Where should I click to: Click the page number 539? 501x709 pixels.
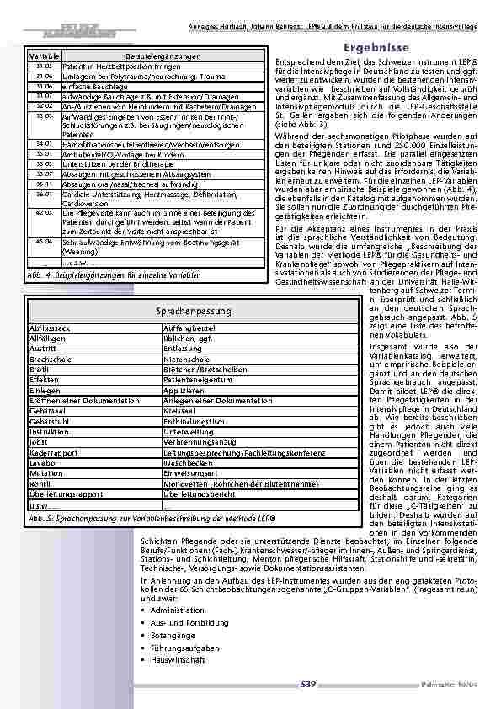tap(307, 684)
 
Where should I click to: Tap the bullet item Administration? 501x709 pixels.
tap(177, 609)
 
